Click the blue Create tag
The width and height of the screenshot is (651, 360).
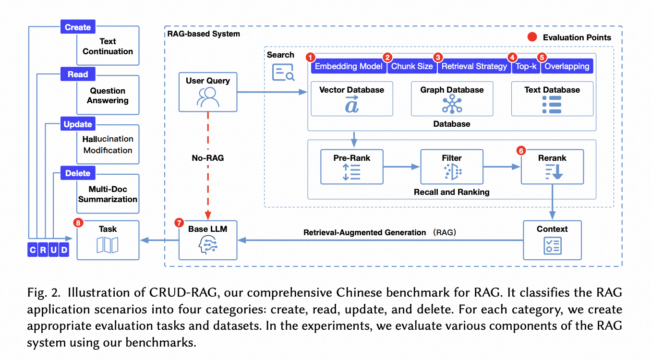pos(78,27)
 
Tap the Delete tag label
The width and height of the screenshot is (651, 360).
pos(78,173)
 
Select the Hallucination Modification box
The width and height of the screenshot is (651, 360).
pos(108,144)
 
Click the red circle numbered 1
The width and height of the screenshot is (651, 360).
pos(311,57)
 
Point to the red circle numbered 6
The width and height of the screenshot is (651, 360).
pos(521,151)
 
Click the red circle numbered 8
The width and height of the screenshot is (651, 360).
pos(78,223)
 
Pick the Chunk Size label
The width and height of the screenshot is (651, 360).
pos(412,67)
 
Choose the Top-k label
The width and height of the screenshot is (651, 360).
pos(526,67)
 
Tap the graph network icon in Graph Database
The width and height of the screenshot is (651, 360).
pos(452,105)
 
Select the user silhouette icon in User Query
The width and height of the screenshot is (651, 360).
pos(208,97)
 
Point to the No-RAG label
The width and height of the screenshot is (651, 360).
pos(208,158)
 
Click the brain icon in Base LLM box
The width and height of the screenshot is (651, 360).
pos(208,244)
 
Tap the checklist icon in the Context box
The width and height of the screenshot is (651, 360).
pos(552,246)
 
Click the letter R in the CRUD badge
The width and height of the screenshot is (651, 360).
pos(43,250)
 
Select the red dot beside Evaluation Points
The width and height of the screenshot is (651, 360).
pos(532,37)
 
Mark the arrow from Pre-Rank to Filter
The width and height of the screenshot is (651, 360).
pos(401,167)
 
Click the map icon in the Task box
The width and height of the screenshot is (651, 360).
pos(108,245)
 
